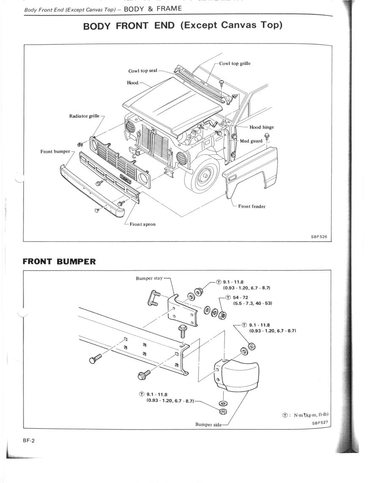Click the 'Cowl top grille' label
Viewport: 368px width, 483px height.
[234, 63]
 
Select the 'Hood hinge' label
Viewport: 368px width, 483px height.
[262, 127]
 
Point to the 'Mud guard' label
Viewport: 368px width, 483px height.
[251, 141]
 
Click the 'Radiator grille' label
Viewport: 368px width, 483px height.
[85, 116]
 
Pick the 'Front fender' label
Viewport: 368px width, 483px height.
[251, 206]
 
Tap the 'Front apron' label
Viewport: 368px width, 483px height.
[143, 224]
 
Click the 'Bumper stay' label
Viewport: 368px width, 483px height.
[149, 278]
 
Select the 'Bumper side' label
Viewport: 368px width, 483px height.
[208, 424]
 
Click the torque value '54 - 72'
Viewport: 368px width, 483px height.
[240, 298]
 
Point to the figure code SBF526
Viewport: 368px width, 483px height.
[319, 237]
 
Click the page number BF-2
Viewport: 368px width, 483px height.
[29, 440]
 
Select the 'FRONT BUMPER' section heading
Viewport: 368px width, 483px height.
[59, 261]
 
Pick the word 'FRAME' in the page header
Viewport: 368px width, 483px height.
[169, 8]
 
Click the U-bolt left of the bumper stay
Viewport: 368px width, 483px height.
[155, 298]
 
